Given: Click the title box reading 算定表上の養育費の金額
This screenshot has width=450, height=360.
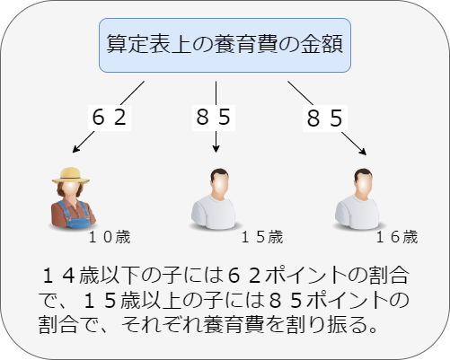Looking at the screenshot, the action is point(225,45).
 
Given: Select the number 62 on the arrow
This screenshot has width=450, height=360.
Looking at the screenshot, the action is point(110,118).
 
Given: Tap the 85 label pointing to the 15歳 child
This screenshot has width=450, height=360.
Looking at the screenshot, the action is point(214,117).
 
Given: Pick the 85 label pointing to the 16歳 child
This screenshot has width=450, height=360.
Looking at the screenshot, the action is point(325,118).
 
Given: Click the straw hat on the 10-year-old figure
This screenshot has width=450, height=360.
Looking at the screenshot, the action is point(71,175).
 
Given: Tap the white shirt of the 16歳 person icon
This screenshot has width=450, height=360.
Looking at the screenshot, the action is point(357,212).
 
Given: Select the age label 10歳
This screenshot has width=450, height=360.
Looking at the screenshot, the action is point(110,237).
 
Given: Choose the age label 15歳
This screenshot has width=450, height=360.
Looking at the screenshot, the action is point(262,237).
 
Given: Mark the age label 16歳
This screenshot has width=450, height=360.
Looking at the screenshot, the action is point(397,237).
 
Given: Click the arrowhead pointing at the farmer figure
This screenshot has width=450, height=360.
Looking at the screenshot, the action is point(75,149).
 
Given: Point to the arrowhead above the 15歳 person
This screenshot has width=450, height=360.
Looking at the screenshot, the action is point(216,149).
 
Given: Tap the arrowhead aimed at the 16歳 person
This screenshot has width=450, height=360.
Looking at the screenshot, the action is point(363,152).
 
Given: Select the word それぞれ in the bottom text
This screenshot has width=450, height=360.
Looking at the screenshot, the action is point(158,325).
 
